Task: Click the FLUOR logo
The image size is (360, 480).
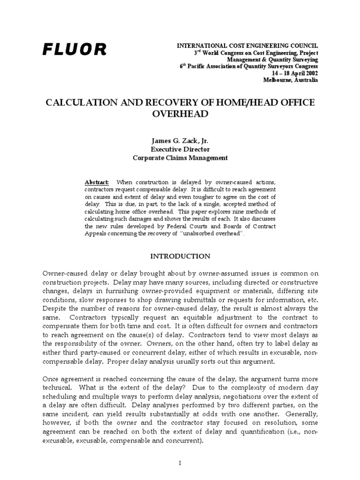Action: point(75,49)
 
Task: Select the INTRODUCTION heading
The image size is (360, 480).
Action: point(180,256)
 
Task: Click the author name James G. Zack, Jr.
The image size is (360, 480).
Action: point(180,141)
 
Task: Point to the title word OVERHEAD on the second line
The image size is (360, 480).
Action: point(180,114)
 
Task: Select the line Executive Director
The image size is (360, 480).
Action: point(180,150)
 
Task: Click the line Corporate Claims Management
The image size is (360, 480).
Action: point(180,158)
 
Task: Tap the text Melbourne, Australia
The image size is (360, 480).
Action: point(291,80)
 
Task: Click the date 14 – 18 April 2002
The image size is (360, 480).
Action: point(292,74)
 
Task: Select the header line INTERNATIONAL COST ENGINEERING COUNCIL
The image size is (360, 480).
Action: point(247,45)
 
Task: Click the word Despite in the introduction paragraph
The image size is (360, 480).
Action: point(54,308)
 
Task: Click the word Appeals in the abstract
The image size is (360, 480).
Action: point(96,234)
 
